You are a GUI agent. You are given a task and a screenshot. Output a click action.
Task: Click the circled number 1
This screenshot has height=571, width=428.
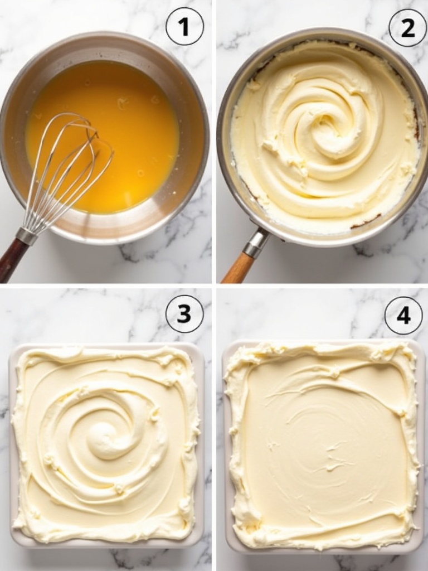pos(184,26)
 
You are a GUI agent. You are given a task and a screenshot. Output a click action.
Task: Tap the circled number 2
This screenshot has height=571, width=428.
pos(407,27)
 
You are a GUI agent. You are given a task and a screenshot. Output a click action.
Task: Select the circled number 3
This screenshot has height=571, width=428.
pos(184,314)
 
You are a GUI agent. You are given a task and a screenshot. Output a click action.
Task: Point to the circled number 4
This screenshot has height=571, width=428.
pos(403,316)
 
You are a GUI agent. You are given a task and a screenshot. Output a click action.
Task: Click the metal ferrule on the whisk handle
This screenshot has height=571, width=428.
pos(27,236)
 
